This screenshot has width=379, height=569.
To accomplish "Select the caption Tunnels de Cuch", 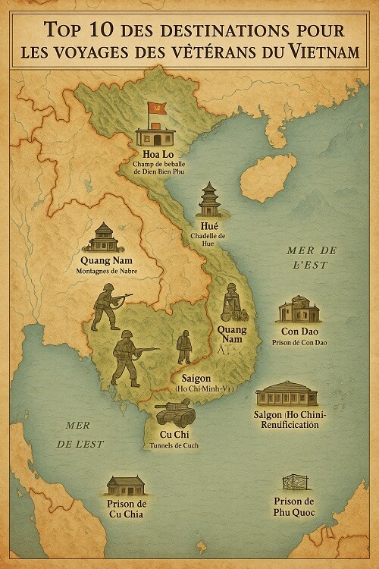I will click(174, 445).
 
